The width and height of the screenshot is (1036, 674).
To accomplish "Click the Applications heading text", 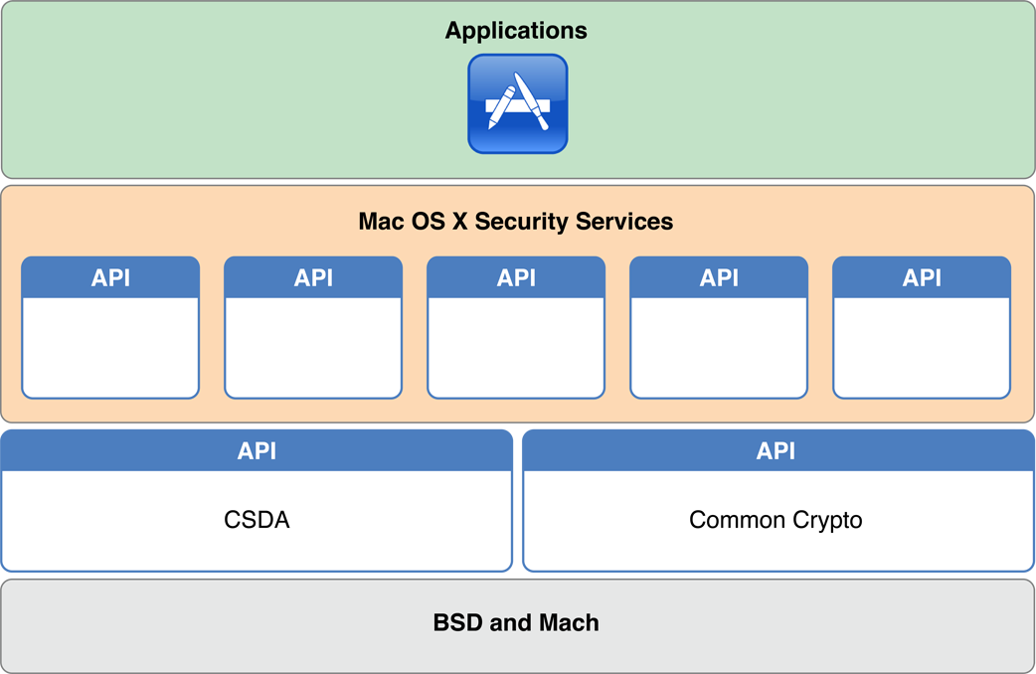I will [516, 31].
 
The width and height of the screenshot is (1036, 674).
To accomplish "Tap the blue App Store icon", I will [517, 104].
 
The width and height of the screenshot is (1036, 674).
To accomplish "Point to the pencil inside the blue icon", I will [502, 107].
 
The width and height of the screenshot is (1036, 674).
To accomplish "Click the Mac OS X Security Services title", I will [515, 221].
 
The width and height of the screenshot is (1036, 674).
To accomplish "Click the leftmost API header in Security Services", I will [110, 278].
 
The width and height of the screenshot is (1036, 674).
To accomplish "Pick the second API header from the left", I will [313, 278].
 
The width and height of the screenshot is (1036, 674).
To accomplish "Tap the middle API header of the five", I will [516, 278].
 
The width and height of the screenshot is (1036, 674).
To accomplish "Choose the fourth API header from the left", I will [719, 278].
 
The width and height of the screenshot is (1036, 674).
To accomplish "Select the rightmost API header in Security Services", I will [922, 278].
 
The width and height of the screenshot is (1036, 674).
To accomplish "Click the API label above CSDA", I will [257, 451].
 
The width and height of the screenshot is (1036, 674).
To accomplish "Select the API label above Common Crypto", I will [776, 451].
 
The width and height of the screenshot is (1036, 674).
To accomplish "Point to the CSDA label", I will [257, 520].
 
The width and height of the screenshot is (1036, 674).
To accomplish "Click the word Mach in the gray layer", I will [569, 623].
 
